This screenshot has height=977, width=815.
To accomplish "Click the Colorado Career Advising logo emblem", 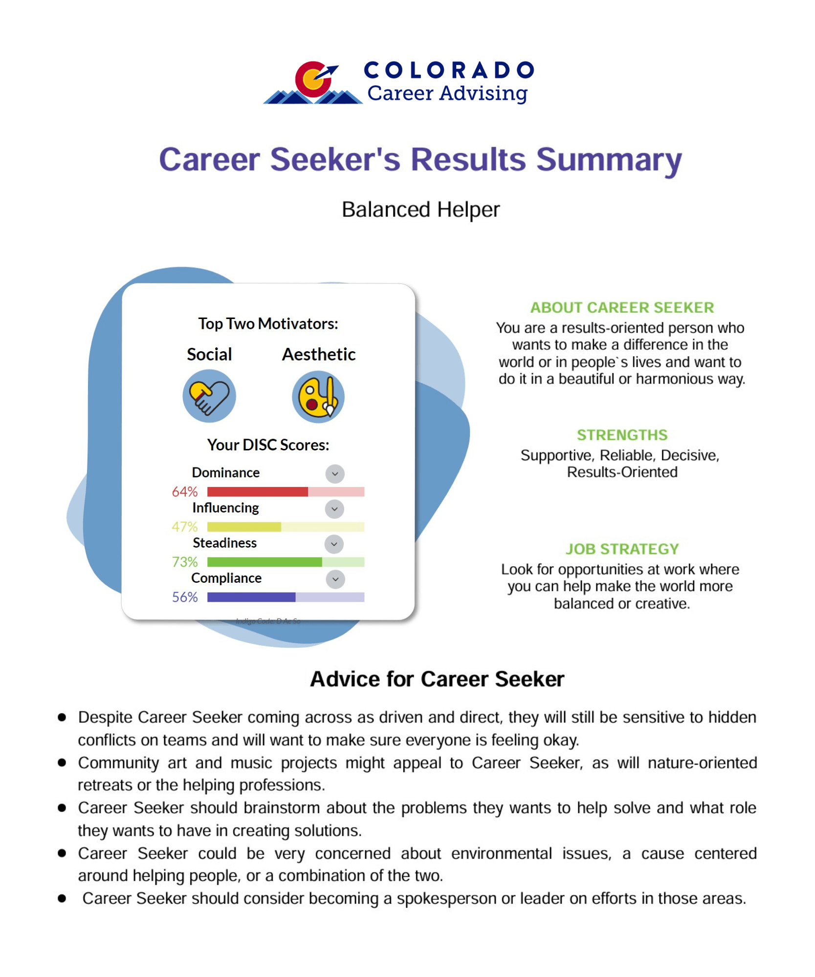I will (313, 82).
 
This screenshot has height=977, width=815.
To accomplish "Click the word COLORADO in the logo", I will (448, 70).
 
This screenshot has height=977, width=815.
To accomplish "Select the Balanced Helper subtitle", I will (420, 210).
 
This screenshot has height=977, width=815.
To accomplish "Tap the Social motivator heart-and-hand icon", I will (209, 396).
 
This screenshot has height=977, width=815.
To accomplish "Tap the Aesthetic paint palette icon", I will (318, 397).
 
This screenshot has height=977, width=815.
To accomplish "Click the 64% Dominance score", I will (185, 491).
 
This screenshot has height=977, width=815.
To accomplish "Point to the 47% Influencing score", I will (185, 527).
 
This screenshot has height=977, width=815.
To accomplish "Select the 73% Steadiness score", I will (185, 562).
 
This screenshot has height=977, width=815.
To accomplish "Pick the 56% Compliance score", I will (185, 597).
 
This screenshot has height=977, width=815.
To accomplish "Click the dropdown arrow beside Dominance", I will (335, 473).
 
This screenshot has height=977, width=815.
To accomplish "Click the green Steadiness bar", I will (264, 562).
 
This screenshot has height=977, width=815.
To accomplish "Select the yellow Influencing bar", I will (244, 527).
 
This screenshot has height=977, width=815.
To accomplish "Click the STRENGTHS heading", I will (622, 435).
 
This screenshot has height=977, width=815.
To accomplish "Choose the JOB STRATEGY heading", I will (622, 549).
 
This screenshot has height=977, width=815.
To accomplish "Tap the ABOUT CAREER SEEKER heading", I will (622, 307).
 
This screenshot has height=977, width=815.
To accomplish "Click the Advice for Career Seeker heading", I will (437, 679).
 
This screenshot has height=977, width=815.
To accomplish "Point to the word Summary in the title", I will (609, 160).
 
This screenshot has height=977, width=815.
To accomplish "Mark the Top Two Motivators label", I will (268, 323).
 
